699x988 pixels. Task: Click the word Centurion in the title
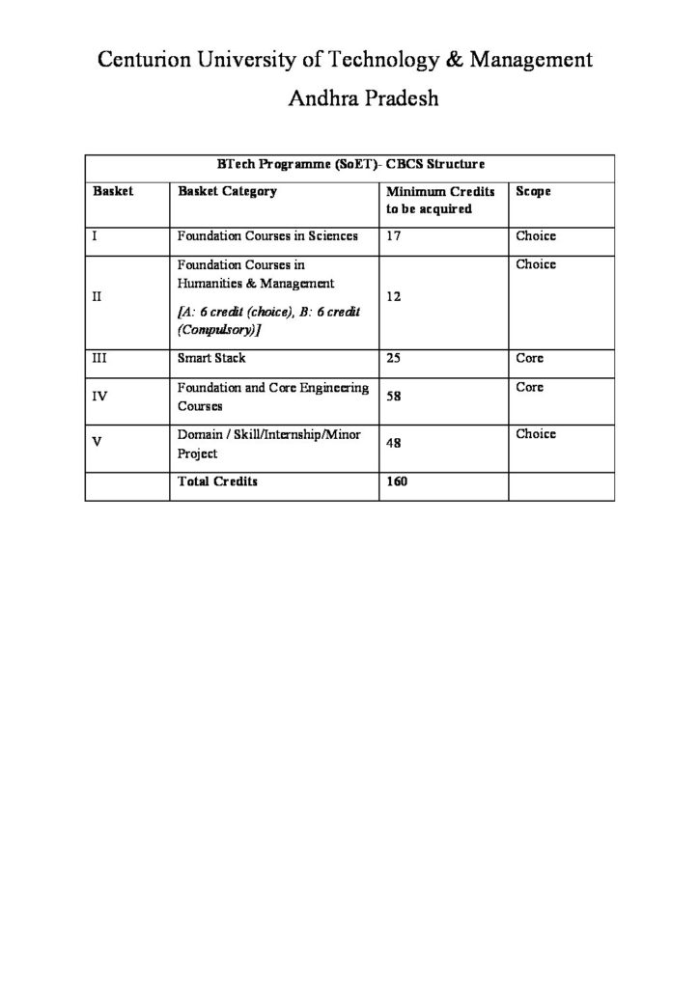(149, 61)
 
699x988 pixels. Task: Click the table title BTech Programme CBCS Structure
(344, 165)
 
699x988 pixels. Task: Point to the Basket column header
(113, 191)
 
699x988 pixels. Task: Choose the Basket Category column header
(228, 191)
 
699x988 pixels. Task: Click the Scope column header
(533, 191)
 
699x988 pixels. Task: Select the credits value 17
(393, 235)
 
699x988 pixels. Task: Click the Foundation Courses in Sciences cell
(267, 235)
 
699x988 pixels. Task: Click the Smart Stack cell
(211, 358)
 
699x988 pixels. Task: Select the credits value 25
(393, 358)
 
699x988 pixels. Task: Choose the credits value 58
(393, 396)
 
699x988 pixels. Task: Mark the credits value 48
(393, 443)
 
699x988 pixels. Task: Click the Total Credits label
(217, 480)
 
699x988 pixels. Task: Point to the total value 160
(397, 480)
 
